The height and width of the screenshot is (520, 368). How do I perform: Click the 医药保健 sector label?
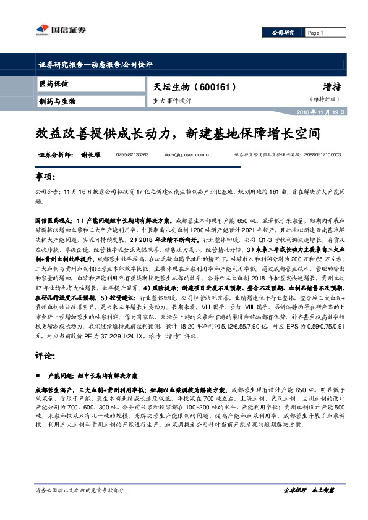[54, 83]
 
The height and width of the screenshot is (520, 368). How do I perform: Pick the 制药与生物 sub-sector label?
[58, 101]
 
